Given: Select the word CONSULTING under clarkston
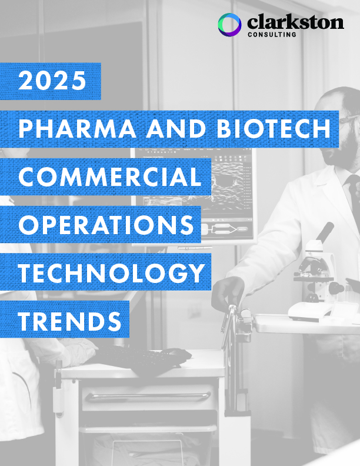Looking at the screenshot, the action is coord(272,35).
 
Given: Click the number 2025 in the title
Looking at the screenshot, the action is coord(52,81).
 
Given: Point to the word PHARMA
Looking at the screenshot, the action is coord(77,129).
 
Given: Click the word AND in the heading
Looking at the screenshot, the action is coord(176,129).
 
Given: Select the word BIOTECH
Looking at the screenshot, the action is coord(274,129).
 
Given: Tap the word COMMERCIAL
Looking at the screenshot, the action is coord(110,177).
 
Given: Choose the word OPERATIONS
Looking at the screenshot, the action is coord(106,224).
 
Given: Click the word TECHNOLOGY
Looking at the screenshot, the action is coord(112,272).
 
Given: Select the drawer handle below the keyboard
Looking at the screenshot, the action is coord(148,396).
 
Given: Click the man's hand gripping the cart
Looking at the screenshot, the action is coord(228,293).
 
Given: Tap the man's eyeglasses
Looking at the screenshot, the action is coord(348,119).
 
